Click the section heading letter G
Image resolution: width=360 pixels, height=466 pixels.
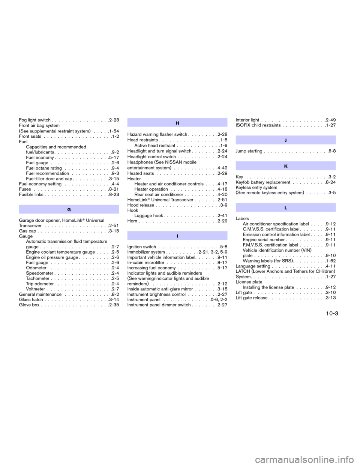pos(69,210)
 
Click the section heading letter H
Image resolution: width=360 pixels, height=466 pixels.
pos(177,123)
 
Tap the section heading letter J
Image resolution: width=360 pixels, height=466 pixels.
pos(286,140)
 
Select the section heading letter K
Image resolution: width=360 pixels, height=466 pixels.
pos(286,166)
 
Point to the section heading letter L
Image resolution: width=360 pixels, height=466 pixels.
pos(286,208)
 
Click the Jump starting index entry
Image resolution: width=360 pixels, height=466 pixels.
pos(249,151)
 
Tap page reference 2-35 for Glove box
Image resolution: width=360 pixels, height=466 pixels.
pos(114,305)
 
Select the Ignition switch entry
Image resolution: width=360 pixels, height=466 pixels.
pos(142,247)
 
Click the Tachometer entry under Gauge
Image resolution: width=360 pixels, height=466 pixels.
pos(38,278)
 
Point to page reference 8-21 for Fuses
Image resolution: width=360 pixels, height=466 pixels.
pos(114,189)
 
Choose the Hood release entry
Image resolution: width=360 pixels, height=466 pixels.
pos(141,205)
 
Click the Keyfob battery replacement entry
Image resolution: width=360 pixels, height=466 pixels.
pos(263,182)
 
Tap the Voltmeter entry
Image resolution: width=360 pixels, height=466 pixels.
pos(36,289)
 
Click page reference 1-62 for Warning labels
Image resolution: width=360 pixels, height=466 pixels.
pos(331,261)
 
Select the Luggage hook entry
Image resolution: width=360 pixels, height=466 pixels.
pos(149,215)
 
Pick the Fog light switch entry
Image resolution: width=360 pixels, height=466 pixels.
pos(35,120)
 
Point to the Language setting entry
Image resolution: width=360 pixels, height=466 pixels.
pos(253,266)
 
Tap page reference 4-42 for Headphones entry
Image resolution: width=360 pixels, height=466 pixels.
pos(222,168)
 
